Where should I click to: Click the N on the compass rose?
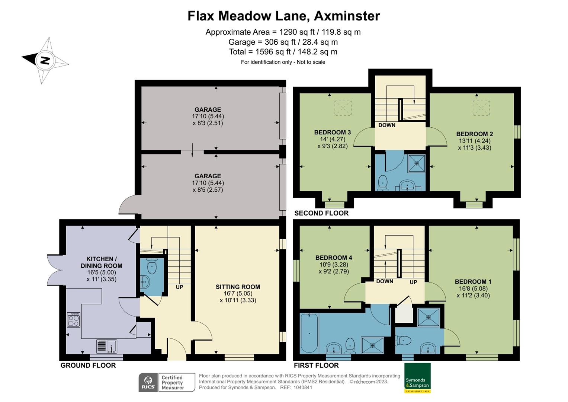(x=45, y=60)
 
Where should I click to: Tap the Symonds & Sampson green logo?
(x=417, y=378)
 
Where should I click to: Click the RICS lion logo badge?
(x=148, y=382)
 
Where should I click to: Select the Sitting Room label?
(x=238, y=287)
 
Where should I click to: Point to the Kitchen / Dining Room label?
(x=102, y=262)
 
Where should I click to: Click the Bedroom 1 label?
(x=473, y=281)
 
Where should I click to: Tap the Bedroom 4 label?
(x=334, y=258)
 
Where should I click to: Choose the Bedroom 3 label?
(x=333, y=132)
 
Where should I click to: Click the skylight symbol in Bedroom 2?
(x=481, y=108)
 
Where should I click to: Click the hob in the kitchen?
(x=74, y=320)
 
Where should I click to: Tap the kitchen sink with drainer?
(x=106, y=346)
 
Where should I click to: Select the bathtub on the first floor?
(x=309, y=333)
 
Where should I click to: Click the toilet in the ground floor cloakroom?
(x=152, y=266)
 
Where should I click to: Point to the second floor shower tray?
(x=417, y=164)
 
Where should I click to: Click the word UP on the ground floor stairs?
(x=180, y=287)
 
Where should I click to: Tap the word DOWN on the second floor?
(x=387, y=125)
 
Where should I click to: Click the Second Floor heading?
(x=321, y=213)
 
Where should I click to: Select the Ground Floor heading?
(x=88, y=365)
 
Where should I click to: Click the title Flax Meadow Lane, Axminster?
(x=284, y=16)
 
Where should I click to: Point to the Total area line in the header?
(x=283, y=52)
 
